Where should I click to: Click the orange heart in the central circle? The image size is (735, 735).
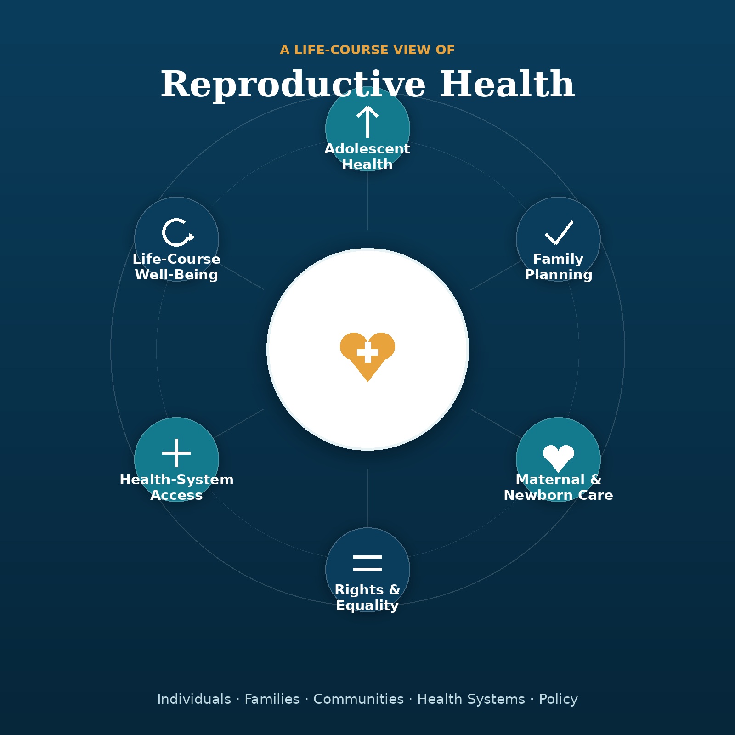tap(367, 356)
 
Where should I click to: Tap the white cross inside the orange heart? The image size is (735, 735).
tap(367, 352)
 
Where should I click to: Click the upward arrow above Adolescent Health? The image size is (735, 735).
tap(367, 122)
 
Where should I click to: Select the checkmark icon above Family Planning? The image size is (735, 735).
tap(559, 232)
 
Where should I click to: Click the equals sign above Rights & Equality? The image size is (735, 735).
tap(367, 563)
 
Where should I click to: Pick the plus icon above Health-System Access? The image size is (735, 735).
tap(176, 453)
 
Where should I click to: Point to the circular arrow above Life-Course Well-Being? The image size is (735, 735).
tap(177, 232)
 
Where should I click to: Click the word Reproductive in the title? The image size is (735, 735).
tap(293, 85)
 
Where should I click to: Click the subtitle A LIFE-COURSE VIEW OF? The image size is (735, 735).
tap(367, 50)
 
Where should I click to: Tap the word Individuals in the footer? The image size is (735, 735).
tap(194, 699)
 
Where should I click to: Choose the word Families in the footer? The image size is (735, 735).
tap(272, 699)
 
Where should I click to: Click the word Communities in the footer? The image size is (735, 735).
tap(358, 699)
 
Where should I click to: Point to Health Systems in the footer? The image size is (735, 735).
tap(471, 699)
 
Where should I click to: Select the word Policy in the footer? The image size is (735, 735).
tap(558, 699)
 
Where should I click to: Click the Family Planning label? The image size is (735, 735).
tap(559, 267)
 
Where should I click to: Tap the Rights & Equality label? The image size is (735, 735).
tap(367, 598)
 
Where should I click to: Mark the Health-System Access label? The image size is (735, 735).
tap(176, 487)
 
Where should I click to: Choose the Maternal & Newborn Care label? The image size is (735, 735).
tap(559, 487)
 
